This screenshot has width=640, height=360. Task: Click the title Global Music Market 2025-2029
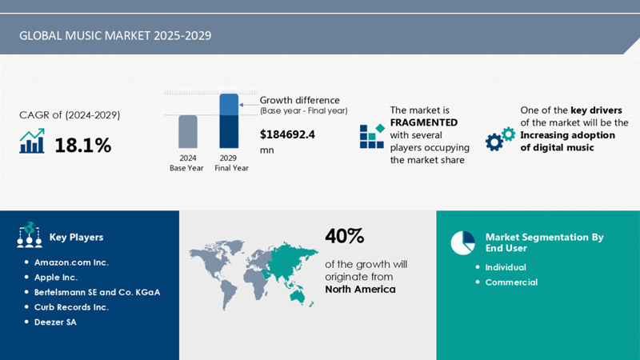(116, 36)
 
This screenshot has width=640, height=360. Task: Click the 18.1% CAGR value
(82, 145)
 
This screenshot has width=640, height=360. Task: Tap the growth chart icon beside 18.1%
(32, 142)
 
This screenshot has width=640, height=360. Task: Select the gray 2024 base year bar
(187, 132)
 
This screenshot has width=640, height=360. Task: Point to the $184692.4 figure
(287, 134)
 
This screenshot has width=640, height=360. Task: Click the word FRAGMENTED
(424, 122)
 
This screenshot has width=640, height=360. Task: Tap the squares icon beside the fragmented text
(371, 136)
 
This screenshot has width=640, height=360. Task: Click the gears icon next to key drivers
(500, 138)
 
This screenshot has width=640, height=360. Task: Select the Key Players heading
(76, 237)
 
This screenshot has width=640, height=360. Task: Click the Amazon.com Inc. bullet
(71, 262)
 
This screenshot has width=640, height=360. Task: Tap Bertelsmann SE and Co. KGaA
(97, 292)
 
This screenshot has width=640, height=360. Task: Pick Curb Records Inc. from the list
(71, 307)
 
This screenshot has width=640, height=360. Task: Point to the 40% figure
(345, 236)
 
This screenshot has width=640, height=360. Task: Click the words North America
(360, 289)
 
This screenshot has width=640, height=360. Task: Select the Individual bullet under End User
(506, 267)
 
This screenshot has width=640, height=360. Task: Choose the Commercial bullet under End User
(511, 282)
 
